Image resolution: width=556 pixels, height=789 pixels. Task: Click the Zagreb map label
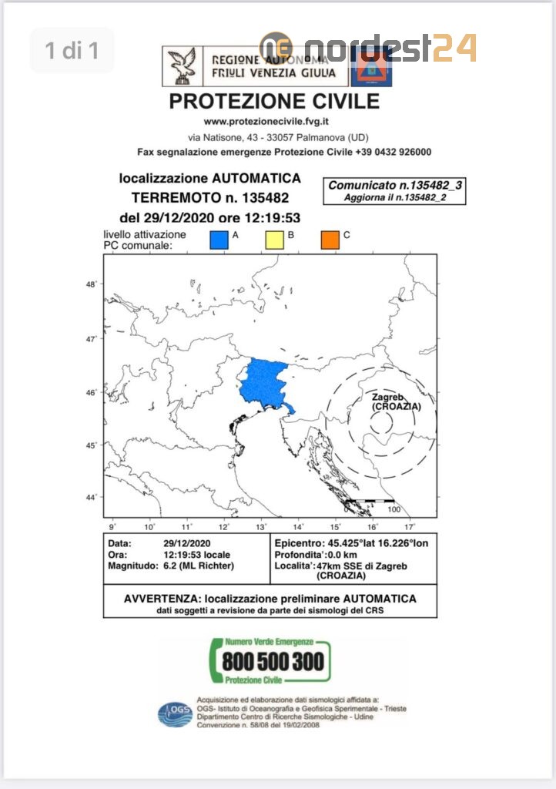coord(387,397)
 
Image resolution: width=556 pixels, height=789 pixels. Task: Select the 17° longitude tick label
coord(409,526)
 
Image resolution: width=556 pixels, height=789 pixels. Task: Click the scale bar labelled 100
coord(370,502)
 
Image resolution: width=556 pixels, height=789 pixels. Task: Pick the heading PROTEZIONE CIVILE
coord(274,101)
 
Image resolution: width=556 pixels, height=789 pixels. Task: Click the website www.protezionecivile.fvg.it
coord(266,122)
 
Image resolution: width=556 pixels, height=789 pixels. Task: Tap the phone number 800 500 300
coord(274,661)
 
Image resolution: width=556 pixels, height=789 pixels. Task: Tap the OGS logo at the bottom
coord(175,713)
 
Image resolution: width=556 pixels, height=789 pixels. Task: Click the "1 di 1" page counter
coord(72,51)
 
